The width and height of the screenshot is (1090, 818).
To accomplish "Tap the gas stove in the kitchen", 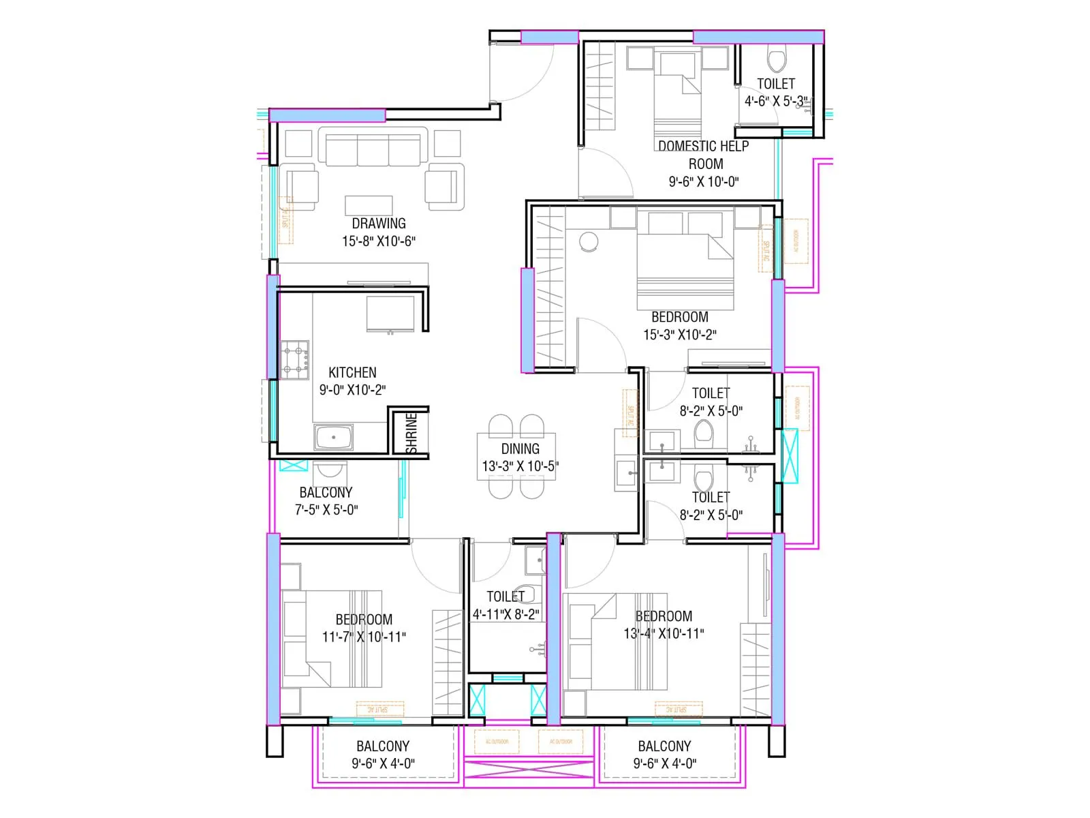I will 295,359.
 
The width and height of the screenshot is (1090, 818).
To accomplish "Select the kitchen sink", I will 333,437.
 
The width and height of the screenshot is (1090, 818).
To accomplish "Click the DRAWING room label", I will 379,224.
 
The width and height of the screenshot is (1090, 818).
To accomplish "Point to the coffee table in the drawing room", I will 369,205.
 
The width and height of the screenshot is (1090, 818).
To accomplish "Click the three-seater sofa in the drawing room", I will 373,149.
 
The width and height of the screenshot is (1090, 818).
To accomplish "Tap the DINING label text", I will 520,449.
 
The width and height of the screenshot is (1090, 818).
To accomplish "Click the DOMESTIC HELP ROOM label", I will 704,155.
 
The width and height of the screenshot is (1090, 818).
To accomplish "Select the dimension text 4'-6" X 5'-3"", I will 776,102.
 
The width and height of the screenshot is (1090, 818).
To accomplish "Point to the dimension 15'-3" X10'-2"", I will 680,335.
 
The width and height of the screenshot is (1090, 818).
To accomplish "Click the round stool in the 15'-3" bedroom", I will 589,241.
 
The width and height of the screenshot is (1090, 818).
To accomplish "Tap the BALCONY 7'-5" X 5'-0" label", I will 326,501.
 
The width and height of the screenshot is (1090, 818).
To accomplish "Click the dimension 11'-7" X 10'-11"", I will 364,637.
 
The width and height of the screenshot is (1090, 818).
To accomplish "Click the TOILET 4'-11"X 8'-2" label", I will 505,605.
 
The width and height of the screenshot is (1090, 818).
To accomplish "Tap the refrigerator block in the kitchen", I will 390,314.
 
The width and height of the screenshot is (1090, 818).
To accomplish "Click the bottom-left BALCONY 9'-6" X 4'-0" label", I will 383,755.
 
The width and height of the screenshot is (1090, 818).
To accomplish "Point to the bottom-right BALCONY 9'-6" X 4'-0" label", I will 664,755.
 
